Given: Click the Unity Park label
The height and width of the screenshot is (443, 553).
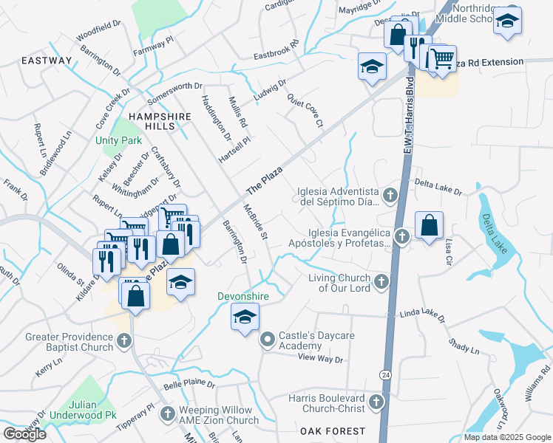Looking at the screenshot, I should pos(118,140).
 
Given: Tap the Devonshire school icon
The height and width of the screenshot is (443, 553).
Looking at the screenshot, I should pos(245,318).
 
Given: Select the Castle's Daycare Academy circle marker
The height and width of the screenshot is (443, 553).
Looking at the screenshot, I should pos(267,340).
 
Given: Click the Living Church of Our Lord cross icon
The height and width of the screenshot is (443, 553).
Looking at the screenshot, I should pos(381,281).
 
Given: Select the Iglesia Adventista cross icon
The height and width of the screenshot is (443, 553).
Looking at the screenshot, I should pos(391,196).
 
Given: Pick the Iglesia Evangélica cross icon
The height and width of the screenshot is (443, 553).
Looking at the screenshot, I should pos(401,237).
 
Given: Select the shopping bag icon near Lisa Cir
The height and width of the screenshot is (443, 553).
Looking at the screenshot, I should pos(429,224).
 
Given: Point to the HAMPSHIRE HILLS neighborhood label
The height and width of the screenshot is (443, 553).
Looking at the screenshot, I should pos(160,117).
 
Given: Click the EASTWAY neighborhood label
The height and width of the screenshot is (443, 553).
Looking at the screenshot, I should pos(47,61).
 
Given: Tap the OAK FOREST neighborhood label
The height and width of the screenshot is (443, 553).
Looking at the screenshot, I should pos(332,430).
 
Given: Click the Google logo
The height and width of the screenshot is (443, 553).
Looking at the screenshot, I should pos(24,433).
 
